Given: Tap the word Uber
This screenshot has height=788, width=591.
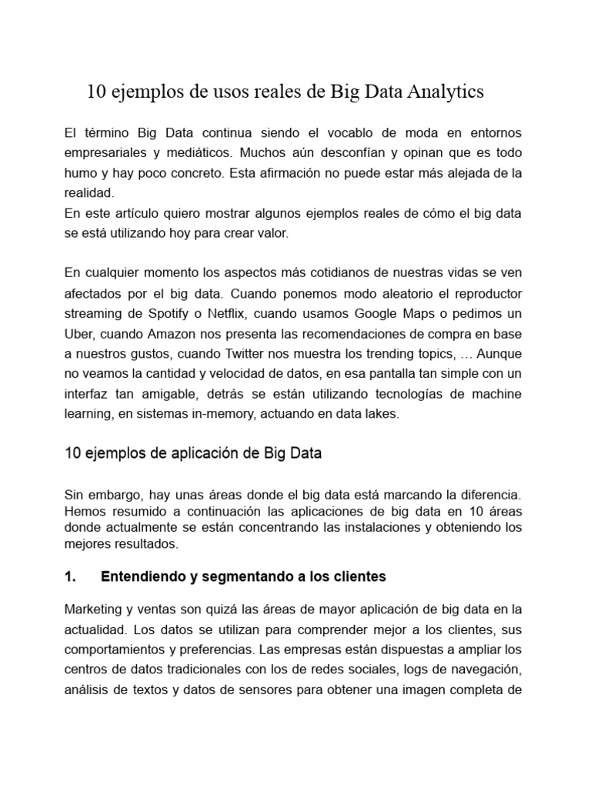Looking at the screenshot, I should coord(79,332).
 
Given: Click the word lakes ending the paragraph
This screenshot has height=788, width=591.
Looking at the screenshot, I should coord(382,412).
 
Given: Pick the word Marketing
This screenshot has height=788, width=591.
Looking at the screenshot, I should coord(93,609).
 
